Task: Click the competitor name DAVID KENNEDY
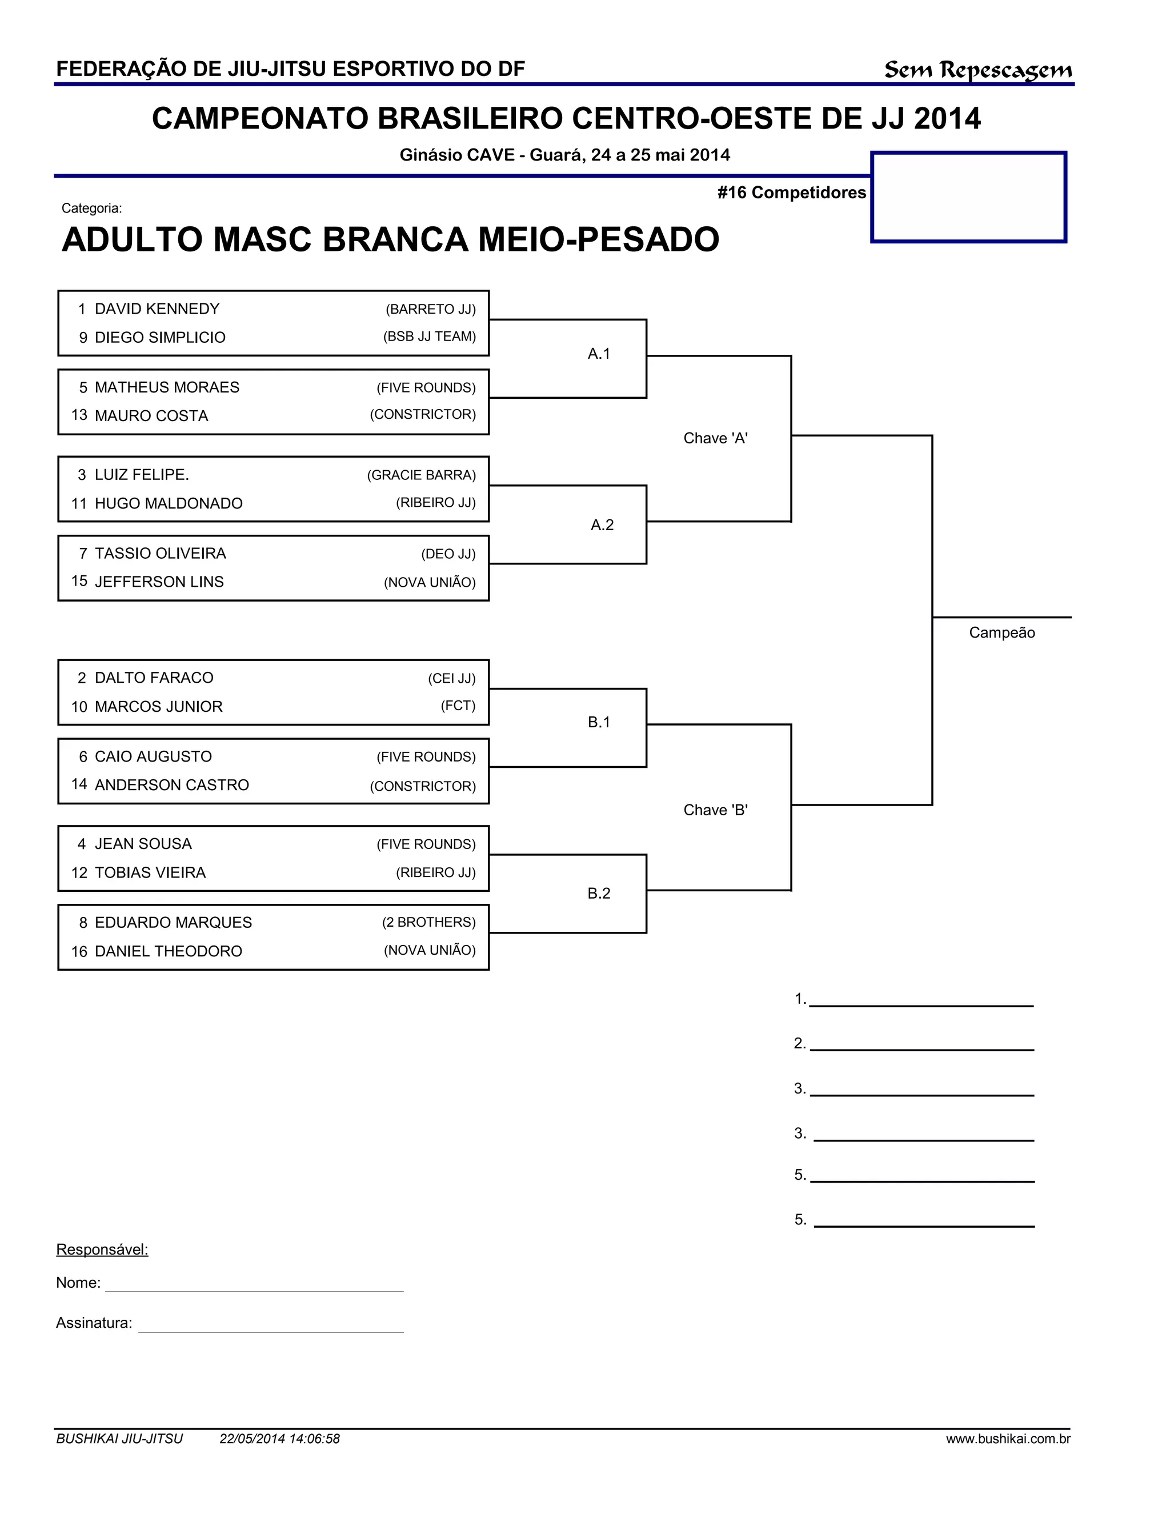[157, 309]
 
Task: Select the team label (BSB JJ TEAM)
[429, 337]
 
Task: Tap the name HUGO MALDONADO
[169, 503]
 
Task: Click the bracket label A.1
[599, 354]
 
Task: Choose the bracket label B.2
[599, 894]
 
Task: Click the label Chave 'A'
[715, 438]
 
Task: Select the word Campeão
[1001, 633]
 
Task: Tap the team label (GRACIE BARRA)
[422, 475]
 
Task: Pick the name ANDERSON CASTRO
[172, 786]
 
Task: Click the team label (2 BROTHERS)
[428, 923]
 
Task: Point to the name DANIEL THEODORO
[169, 952]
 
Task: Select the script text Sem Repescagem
[977, 70]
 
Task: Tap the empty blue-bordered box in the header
[968, 198]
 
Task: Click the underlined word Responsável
[102, 1250]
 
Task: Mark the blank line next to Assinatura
[270, 1325]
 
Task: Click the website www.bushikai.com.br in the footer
[1008, 1439]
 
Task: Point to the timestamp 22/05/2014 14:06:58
[279, 1439]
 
